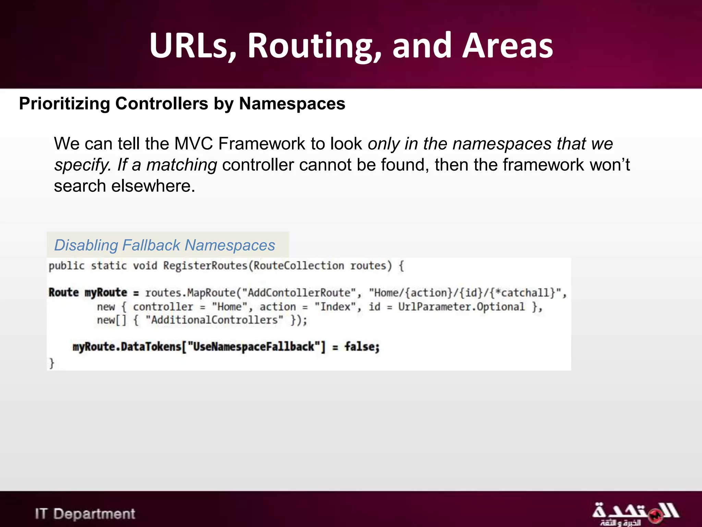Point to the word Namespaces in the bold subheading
[292, 104]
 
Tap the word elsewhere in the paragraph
[153, 186]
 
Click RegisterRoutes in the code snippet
[205, 266]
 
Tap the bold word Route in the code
[64, 293]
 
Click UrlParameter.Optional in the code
[461, 307]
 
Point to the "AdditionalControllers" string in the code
[215, 320]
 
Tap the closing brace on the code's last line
[52, 363]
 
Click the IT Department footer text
[85, 514]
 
